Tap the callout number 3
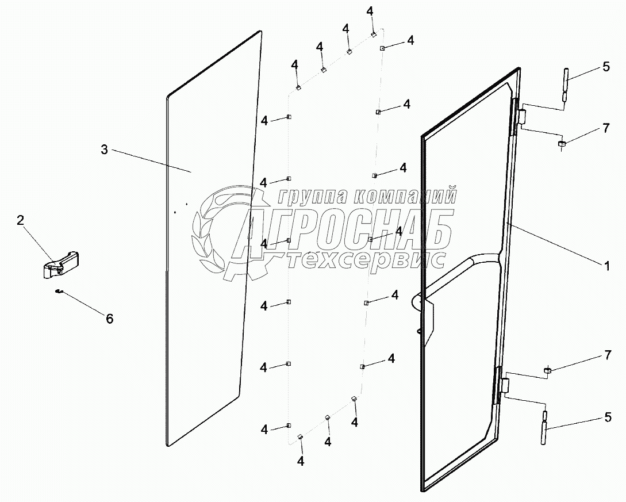pyautogui.click(x=104, y=150)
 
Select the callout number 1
pyautogui.click(x=606, y=266)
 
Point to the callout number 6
pyautogui.click(x=109, y=318)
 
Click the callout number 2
pyautogui.click(x=21, y=220)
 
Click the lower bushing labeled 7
pyautogui.click(x=548, y=370)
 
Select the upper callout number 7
pyautogui.click(x=606, y=128)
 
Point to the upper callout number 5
pyautogui.click(x=606, y=67)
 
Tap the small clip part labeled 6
pyautogui.click(x=58, y=292)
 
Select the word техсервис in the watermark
pyautogui.click(x=366, y=260)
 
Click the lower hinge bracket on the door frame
pyautogui.click(x=506, y=386)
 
